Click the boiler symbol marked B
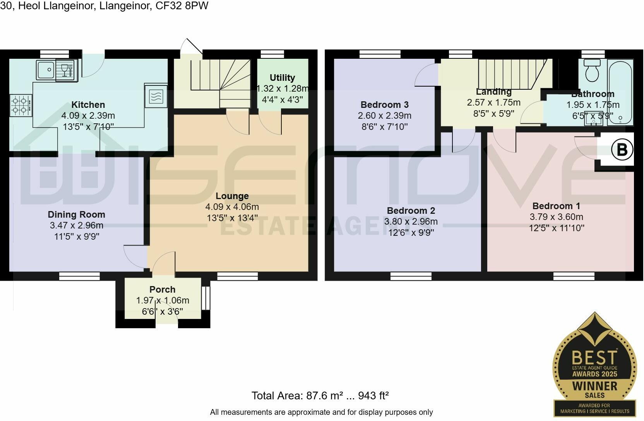point(622,149)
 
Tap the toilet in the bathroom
point(592,70)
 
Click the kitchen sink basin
point(45,70)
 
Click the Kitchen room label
point(88,104)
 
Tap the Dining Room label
point(77,215)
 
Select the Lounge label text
point(232,196)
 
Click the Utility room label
point(282,78)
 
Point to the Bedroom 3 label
point(385,104)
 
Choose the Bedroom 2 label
point(411,210)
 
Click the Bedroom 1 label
point(556,206)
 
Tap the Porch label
point(163,290)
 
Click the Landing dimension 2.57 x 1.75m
point(493,102)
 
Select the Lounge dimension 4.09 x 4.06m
point(232,207)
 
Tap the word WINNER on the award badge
point(594,386)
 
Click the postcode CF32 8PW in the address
point(182,6)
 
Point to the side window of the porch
point(206,298)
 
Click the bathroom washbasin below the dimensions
point(593,121)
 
